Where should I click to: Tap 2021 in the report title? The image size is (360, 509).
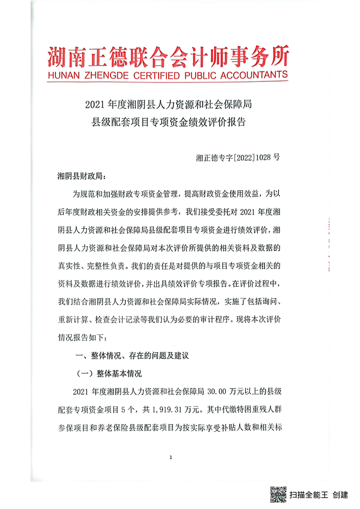tap(94, 106)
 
